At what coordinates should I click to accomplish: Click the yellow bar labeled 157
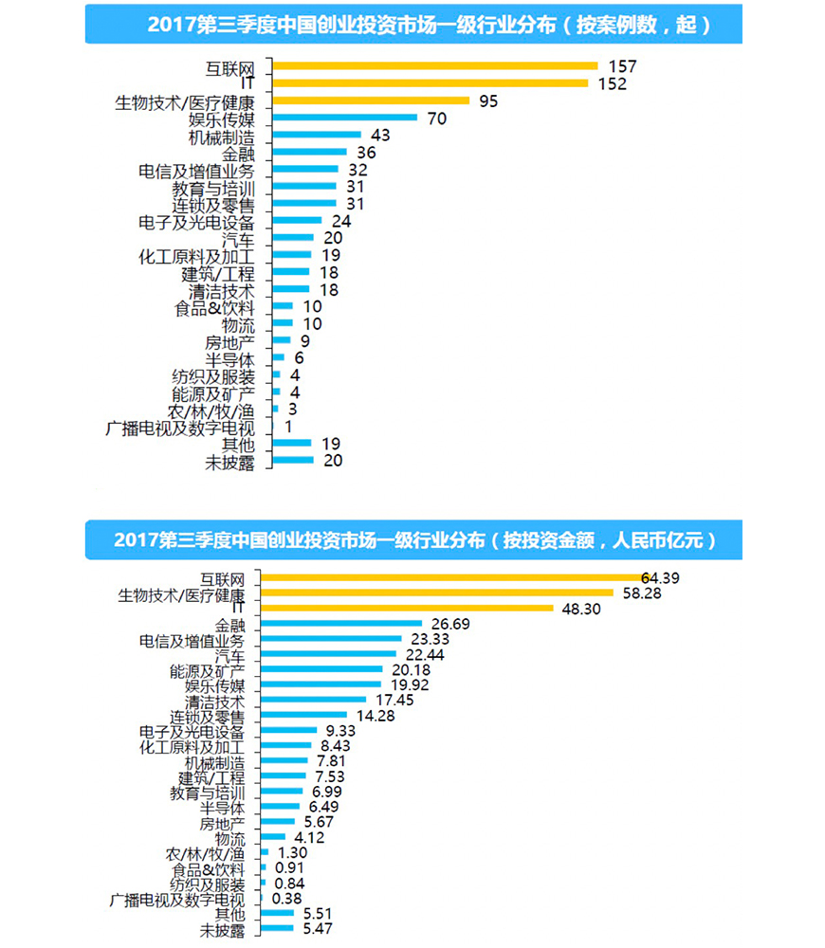[x=434, y=66]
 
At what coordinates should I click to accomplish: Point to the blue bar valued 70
[x=344, y=118]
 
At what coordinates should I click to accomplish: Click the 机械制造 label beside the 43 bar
[x=221, y=136]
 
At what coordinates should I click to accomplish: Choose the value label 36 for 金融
[x=366, y=153]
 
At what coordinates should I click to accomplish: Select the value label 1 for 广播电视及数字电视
[x=288, y=427]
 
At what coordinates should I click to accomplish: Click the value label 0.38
[x=287, y=899]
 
